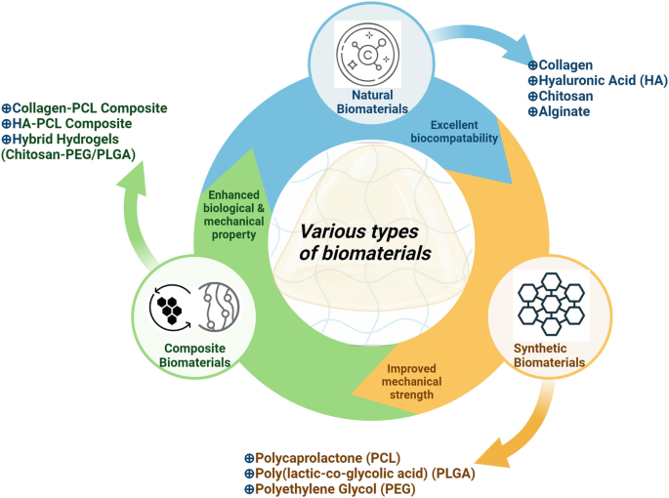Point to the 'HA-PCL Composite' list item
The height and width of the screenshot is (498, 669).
click(x=71, y=123)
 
